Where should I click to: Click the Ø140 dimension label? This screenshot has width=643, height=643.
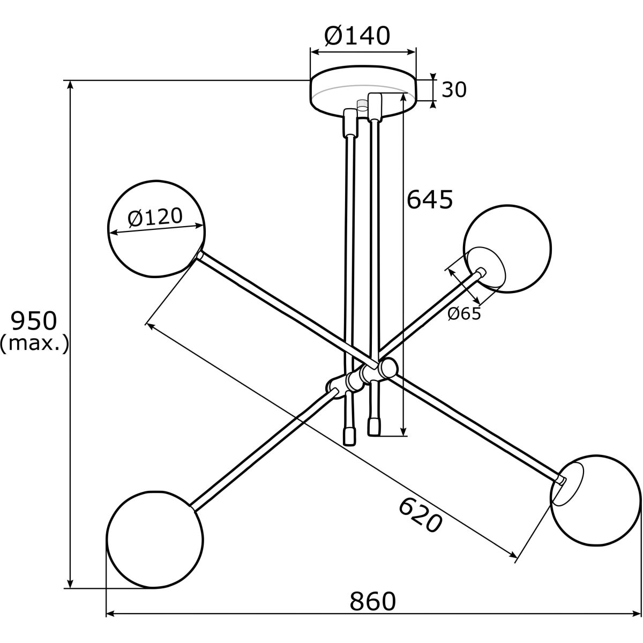click(357, 36)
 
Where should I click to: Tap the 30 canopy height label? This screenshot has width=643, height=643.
click(454, 90)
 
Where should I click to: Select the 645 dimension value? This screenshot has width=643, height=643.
click(430, 200)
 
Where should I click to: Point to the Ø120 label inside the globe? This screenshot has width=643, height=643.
click(155, 218)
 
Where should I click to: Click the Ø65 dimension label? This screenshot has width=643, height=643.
click(464, 314)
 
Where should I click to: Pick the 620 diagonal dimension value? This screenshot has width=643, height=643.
click(421, 515)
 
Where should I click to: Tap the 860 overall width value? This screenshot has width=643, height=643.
click(373, 601)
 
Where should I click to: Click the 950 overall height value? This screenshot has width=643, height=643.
click(34, 321)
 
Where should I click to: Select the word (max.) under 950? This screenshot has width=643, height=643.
click(34, 343)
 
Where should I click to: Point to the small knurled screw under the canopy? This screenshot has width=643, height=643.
click(362, 105)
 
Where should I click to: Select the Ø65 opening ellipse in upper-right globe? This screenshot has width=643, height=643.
click(484, 268)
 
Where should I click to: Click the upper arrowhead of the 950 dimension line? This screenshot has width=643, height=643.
click(70, 86)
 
